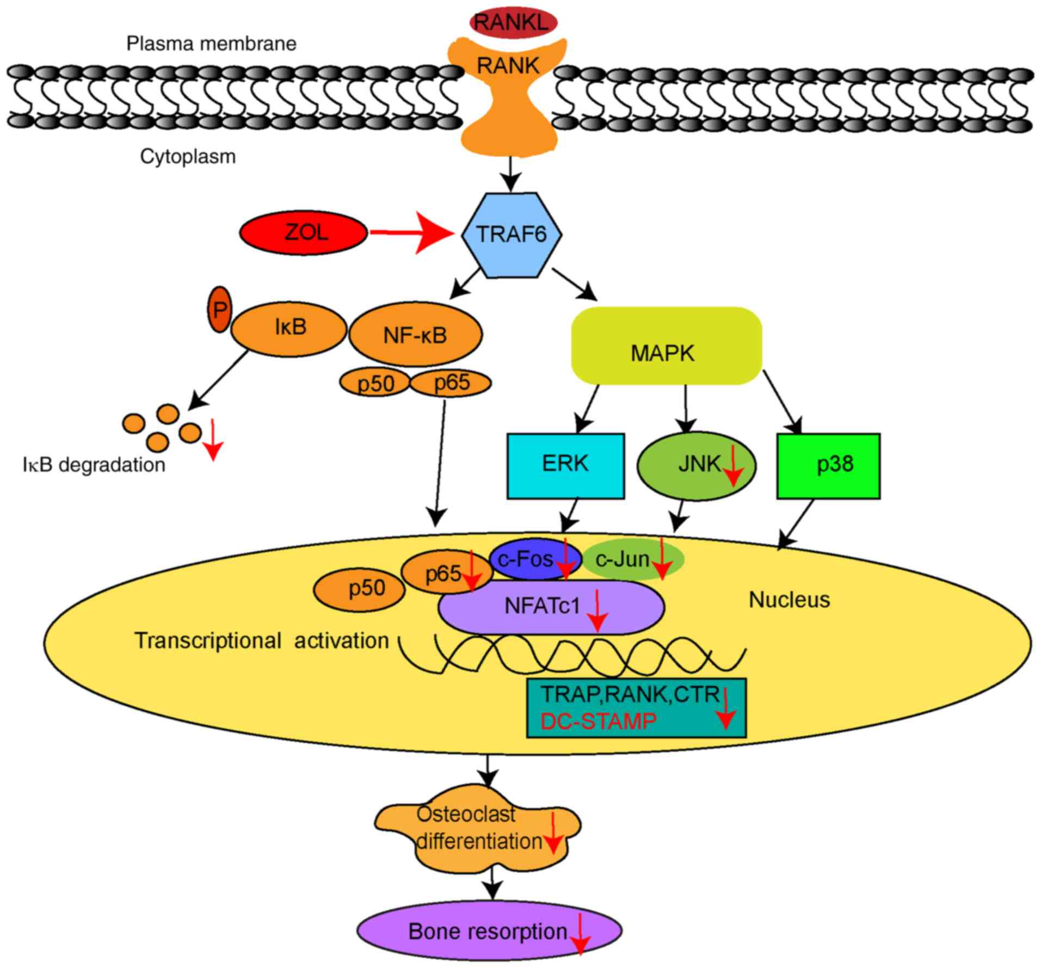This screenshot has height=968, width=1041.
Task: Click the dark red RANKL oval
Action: coord(513,22)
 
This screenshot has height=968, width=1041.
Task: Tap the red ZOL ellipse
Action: coord(304,233)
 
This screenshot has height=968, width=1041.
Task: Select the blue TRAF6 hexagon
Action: coord(512,235)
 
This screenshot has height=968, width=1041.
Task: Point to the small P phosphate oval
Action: coord(219,310)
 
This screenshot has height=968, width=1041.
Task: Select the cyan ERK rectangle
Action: coord(565,465)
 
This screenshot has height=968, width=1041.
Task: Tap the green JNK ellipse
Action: coord(695,466)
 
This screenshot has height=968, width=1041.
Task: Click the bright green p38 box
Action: coord(828,466)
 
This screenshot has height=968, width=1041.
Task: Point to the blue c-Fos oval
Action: coord(523,559)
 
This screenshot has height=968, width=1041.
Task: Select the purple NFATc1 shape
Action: coord(550,607)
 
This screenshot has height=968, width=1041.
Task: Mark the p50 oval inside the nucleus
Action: coord(360,589)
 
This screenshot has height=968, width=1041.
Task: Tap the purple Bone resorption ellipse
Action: coord(489,932)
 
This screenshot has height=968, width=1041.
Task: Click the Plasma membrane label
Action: coord(211,44)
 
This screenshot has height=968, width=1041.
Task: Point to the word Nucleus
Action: coord(789,600)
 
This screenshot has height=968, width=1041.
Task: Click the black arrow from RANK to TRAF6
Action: coord(512,173)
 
